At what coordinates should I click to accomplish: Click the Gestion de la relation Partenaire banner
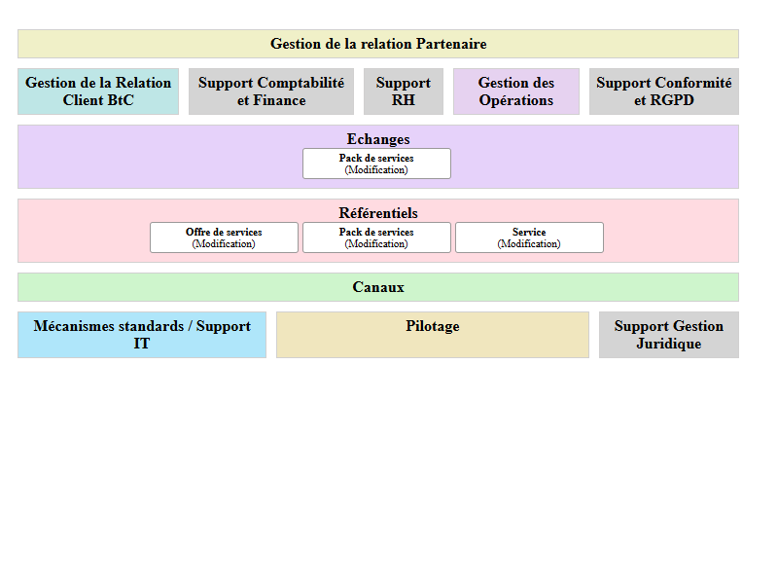[x=377, y=44]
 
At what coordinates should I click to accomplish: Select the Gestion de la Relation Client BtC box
[x=98, y=91]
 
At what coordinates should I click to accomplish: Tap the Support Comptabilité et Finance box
[x=271, y=91]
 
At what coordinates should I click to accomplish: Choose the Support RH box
[x=404, y=91]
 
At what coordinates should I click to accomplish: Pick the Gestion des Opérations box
[x=516, y=91]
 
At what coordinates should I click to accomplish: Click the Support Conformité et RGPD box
[x=664, y=91]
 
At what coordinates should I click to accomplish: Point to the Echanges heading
[x=378, y=139]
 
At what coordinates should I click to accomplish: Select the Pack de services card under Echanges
[x=376, y=164]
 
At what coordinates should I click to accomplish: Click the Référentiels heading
[x=378, y=213]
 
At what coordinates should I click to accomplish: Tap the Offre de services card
[x=224, y=237]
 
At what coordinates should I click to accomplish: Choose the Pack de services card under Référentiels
[x=376, y=237]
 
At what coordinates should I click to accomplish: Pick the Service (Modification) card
[x=529, y=237]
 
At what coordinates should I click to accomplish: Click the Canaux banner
[x=378, y=287]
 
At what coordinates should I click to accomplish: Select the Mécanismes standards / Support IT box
[x=142, y=335]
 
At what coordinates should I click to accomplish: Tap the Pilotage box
[x=433, y=335]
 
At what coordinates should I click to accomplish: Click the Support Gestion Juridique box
[x=669, y=335]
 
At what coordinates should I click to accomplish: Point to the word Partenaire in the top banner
[x=451, y=44]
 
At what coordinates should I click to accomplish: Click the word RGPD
[x=672, y=100]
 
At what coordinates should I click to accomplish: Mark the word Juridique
[x=669, y=344]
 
